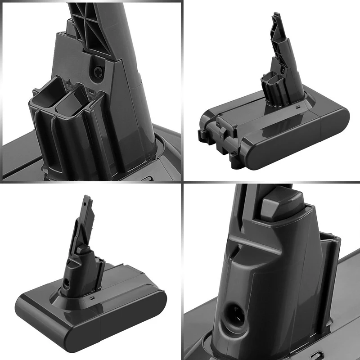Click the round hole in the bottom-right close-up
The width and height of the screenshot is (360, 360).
pyautogui.click(x=232, y=310)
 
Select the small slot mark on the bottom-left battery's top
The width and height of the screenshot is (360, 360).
pyautogui.click(x=91, y=298)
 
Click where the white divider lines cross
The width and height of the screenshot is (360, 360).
pyautogui.click(x=182, y=182)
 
